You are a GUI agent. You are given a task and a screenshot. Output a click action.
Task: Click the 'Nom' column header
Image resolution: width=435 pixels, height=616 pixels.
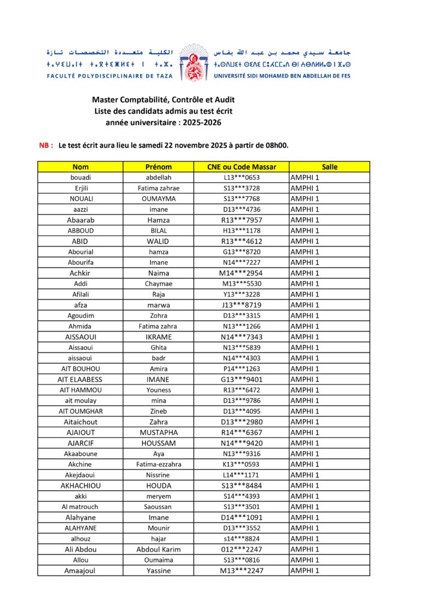(x=81, y=167)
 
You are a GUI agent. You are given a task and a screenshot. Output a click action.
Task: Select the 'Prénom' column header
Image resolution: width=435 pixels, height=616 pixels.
(x=159, y=167)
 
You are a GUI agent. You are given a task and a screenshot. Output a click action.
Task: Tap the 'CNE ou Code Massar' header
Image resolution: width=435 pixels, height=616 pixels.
(x=241, y=167)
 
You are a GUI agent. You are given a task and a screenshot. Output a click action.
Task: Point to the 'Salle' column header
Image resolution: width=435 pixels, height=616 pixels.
(x=329, y=167)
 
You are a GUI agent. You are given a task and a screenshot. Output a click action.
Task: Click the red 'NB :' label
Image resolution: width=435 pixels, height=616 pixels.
(x=46, y=145)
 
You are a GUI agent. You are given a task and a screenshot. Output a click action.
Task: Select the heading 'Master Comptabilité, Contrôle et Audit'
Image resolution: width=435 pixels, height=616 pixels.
(x=163, y=99)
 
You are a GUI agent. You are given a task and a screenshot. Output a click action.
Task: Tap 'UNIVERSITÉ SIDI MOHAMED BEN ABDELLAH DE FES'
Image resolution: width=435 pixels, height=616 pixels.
(x=282, y=76)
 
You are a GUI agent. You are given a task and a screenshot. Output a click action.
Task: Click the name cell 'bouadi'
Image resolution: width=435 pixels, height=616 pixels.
(x=81, y=177)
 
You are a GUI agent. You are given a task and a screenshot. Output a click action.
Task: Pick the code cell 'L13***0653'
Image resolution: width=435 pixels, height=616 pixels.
(x=241, y=177)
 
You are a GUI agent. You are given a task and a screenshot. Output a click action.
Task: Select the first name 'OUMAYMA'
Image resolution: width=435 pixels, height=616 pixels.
(x=159, y=199)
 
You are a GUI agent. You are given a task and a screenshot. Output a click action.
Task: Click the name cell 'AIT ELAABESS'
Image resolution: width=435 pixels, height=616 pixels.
(x=81, y=380)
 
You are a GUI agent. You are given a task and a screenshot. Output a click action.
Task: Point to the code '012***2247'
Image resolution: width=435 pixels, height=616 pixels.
(x=241, y=549)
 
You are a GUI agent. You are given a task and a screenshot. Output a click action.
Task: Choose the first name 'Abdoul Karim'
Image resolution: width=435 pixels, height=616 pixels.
(x=159, y=549)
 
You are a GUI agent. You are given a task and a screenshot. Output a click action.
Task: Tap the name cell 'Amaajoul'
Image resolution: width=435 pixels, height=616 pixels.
(x=81, y=571)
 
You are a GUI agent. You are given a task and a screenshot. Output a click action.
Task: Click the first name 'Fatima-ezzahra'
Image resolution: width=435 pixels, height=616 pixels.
(x=159, y=464)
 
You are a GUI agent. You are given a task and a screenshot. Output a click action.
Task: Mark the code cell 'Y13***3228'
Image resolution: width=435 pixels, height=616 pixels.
(x=241, y=294)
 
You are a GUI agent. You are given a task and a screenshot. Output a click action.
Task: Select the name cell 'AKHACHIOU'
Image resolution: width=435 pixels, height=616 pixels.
(x=81, y=485)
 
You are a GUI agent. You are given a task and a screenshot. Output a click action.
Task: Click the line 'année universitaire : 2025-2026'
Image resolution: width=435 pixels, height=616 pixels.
(x=163, y=122)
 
